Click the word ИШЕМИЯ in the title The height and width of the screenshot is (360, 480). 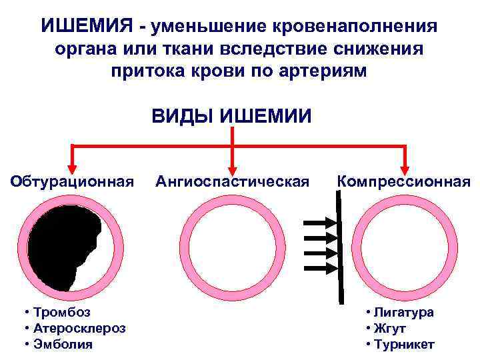coord(88,27)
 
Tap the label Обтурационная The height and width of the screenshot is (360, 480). coord(72,181)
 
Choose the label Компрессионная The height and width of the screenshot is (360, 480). coord(404,181)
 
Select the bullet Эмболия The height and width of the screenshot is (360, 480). coord(61,344)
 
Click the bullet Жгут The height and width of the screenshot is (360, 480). coord(389,328)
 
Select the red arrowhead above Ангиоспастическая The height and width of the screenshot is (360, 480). coord(231,162)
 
